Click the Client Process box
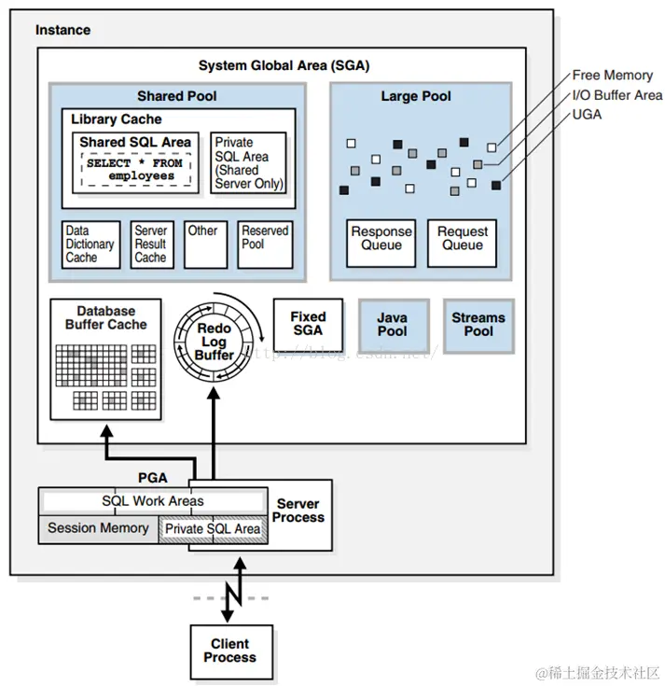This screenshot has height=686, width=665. [x=229, y=651]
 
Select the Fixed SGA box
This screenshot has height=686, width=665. [x=307, y=324]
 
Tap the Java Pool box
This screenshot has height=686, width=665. [x=392, y=325]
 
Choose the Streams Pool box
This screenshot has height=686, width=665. [x=478, y=325]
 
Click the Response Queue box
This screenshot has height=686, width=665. [x=381, y=239]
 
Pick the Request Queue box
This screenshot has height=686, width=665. [x=463, y=239]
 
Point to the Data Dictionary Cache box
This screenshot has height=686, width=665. [x=90, y=245]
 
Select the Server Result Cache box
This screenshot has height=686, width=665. [x=150, y=245]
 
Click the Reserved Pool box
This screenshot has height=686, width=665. [x=265, y=245]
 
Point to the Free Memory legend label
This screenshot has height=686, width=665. [x=612, y=76]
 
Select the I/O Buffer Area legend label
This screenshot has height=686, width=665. [x=617, y=95]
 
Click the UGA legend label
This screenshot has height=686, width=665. [x=587, y=115]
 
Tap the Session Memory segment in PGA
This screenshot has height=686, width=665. [x=98, y=528]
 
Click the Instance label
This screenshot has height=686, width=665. [x=62, y=30]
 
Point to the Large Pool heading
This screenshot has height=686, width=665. [x=416, y=96]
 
